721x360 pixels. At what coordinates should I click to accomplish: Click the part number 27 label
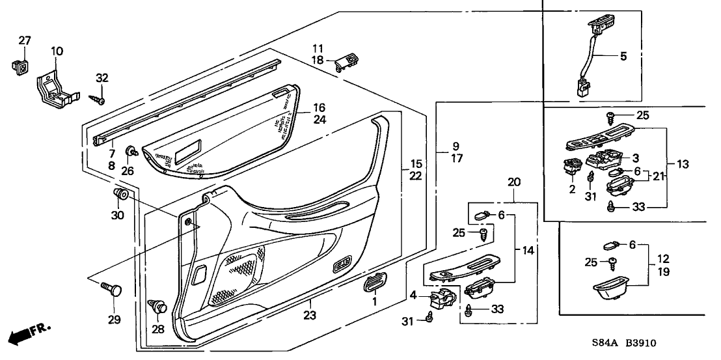pos(24,41)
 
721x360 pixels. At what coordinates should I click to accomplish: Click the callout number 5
pos(623,57)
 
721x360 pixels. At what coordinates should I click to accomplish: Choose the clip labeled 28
pos(159,305)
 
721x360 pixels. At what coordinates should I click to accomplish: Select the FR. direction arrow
pos(29,335)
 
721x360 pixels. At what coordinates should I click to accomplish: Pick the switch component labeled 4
pos(445,298)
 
